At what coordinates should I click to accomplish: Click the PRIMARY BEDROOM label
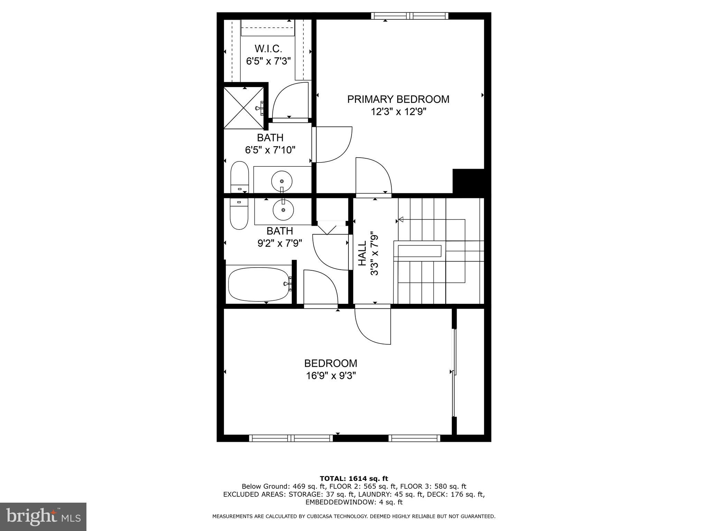tap(398, 99)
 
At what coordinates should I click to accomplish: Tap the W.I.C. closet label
tap(268, 49)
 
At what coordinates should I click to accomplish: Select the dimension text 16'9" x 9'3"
tap(330, 376)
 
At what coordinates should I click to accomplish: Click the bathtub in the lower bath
tap(259, 284)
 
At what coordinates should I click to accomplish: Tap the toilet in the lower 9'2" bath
tap(239, 215)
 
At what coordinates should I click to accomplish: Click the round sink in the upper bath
tap(282, 181)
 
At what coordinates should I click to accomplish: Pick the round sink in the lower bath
tap(283, 209)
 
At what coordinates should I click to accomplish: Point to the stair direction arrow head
tap(401, 219)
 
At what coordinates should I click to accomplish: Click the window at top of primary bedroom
tap(410, 16)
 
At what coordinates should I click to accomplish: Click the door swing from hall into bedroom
tap(372, 326)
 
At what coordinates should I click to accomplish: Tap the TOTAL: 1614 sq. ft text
tap(354, 478)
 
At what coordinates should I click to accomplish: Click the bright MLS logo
tap(43, 516)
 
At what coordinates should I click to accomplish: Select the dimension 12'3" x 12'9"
tap(398, 112)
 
